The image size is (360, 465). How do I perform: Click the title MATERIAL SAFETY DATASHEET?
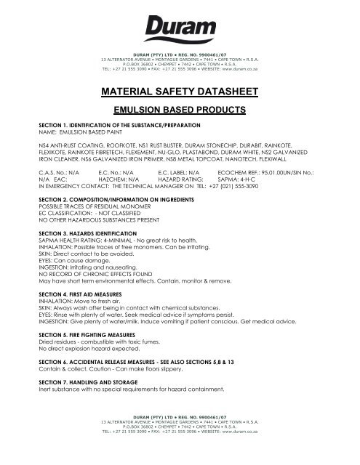click(180, 94)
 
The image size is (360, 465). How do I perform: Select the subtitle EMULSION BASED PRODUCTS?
click(180, 112)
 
